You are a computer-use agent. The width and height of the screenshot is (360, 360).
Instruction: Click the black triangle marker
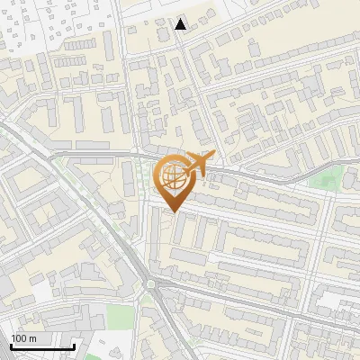(x=181, y=24)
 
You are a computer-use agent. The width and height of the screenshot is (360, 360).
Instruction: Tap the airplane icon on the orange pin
(x=195, y=164)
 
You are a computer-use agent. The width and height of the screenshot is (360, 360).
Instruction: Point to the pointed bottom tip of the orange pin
(x=172, y=212)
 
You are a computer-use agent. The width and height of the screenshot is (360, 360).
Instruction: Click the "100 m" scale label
(x=23, y=337)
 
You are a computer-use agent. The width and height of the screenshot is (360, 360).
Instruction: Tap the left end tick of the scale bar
(x=10, y=345)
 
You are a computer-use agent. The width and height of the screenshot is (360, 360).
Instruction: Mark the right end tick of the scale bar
(x=73, y=345)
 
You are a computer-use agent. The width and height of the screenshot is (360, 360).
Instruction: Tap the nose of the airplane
(x=212, y=157)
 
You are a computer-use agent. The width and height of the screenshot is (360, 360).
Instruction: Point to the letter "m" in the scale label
(x=34, y=337)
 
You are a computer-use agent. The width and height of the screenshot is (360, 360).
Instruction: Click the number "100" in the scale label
(x=20, y=337)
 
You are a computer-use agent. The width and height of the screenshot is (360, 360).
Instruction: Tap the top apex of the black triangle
(x=181, y=19)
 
